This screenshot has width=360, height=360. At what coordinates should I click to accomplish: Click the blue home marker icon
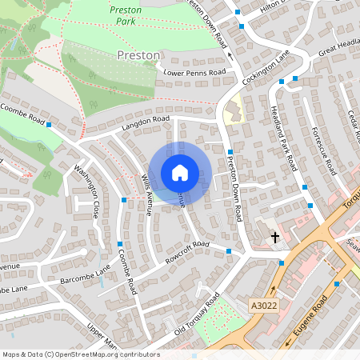[180, 173]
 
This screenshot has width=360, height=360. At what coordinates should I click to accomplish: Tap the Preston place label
[138, 55]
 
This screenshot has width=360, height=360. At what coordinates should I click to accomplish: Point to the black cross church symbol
[275, 238]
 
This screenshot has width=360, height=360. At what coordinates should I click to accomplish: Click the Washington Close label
[86, 192]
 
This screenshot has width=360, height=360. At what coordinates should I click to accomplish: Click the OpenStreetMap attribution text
[81, 354]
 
